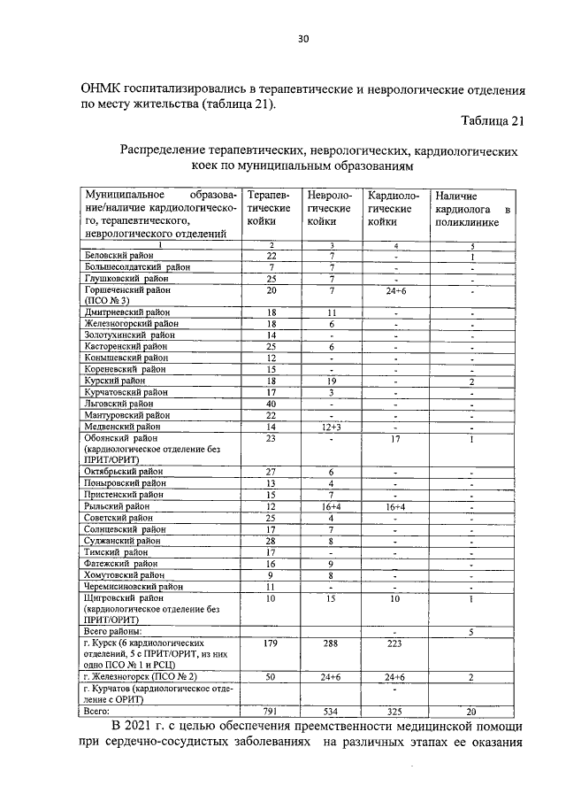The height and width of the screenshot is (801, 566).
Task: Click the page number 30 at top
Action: [x=302, y=38]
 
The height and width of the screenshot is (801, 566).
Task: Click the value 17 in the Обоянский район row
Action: [x=396, y=438]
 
